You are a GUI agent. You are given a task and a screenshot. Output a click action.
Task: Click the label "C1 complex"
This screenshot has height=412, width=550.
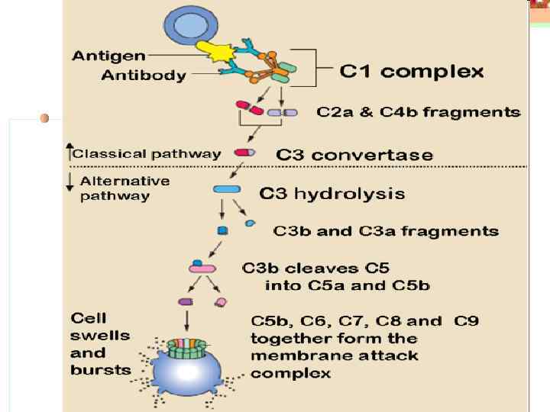(411, 72)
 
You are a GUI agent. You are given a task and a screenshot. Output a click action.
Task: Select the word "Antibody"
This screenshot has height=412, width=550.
(144, 75)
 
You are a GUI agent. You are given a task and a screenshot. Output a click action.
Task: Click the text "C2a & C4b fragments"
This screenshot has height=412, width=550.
(419, 113)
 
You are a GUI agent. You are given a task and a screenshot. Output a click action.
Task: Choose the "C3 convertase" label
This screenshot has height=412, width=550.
(354, 155)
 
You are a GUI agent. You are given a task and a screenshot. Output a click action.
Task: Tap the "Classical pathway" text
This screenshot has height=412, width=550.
(147, 153)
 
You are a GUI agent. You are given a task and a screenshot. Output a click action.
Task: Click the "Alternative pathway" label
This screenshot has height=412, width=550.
(125, 188)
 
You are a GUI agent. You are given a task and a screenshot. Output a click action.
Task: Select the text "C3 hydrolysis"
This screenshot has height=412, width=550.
(332, 194)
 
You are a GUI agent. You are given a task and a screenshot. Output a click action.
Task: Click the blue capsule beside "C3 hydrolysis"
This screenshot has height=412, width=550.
(226, 189)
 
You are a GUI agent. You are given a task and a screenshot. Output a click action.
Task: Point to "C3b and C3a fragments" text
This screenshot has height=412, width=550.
(386, 230)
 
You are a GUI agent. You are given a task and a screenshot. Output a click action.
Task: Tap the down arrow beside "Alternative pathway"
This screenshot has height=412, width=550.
(70, 182)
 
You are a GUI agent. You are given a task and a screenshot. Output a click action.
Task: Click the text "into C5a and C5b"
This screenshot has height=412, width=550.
(347, 286)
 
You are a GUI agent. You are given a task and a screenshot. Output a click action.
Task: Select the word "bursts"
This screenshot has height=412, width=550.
(101, 371)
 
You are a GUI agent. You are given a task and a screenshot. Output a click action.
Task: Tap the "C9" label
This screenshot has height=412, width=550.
(466, 320)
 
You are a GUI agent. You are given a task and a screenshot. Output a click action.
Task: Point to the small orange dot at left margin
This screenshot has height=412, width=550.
(44, 117)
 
